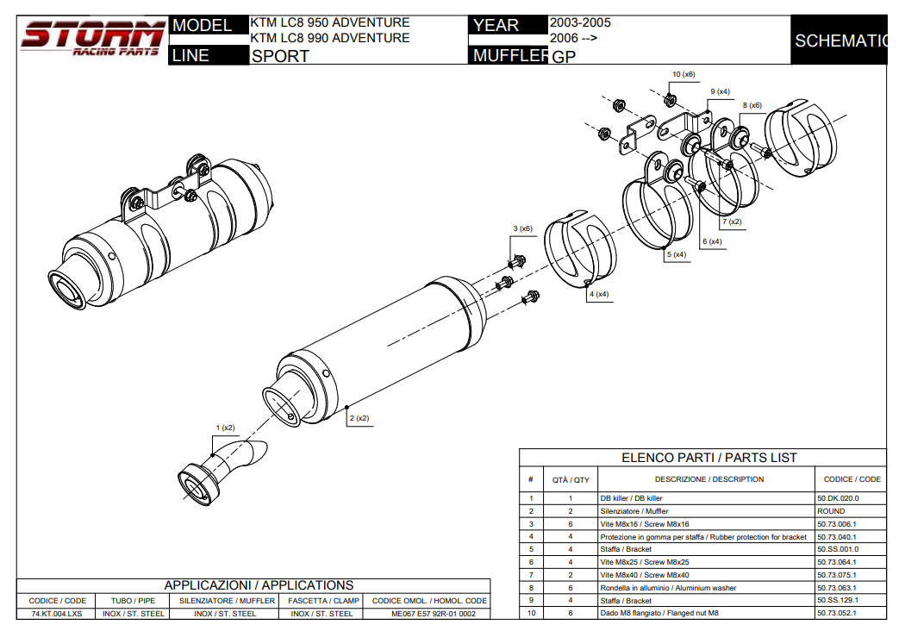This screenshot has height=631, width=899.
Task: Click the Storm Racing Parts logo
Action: tap(92, 40)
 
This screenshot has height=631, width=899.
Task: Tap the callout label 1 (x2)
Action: tap(225, 428)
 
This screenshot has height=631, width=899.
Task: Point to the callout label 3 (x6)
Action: tap(522, 228)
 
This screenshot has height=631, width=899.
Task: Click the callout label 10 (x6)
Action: tap(684, 75)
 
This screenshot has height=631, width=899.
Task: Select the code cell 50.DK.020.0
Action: tap(838, 498)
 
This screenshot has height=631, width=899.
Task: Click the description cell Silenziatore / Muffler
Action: tap(634, 511)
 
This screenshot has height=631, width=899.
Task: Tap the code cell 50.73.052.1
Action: tap(838, 613)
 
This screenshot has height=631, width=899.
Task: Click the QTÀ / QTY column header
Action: tap(571, 479)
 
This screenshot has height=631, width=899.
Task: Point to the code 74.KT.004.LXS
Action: tap(57, 614)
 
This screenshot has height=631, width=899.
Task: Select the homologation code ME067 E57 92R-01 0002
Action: tap(428, 614)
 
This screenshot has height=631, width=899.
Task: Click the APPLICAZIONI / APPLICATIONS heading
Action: tap(259, 585)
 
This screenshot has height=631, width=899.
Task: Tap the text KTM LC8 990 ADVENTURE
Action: tap(330, 38)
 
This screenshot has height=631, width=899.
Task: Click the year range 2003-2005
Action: tap(580, 22)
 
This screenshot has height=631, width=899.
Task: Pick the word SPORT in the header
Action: tap(280, 57)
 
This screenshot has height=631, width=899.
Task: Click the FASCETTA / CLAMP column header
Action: tap(323, 600)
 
